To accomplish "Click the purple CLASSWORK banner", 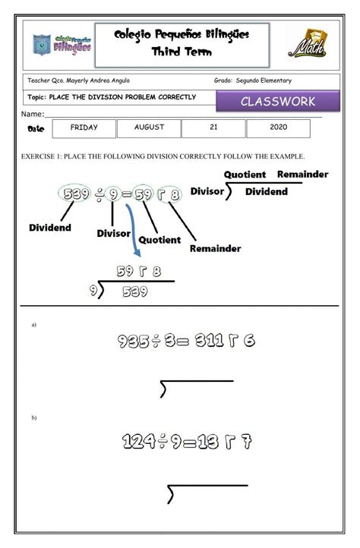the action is (277, 102).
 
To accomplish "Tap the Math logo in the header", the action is (308, 44).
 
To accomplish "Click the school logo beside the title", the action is (62, 44).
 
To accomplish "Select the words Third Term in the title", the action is (182, 52).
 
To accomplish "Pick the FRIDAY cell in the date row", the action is (84, 128).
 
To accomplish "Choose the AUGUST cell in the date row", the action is (149, 128).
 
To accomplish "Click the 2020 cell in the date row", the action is (278, 128).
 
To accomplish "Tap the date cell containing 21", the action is (213, 128).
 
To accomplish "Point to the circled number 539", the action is (77, 194).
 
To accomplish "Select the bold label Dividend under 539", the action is (50, 227).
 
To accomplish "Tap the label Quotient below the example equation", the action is (159, 240).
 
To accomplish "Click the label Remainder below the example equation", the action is (215, 248).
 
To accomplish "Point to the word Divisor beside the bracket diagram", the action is (207, 191).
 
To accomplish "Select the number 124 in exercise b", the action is (137, 442).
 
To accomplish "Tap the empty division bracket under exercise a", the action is (196, 388).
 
